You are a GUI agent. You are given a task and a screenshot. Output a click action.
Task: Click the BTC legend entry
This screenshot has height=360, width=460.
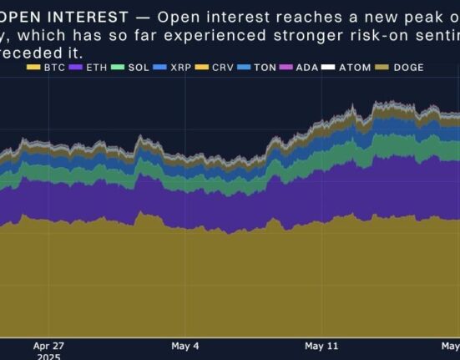coord(52,67)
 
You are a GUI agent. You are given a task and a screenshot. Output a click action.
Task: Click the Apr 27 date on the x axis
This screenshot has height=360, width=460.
coord(48,345)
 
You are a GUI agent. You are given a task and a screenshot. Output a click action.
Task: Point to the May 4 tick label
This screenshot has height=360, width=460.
coord(185,345)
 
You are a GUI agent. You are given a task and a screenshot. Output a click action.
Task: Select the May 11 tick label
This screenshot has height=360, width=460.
coord(321,345)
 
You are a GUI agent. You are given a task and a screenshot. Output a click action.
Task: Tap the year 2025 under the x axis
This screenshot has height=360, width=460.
coord(49,355)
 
